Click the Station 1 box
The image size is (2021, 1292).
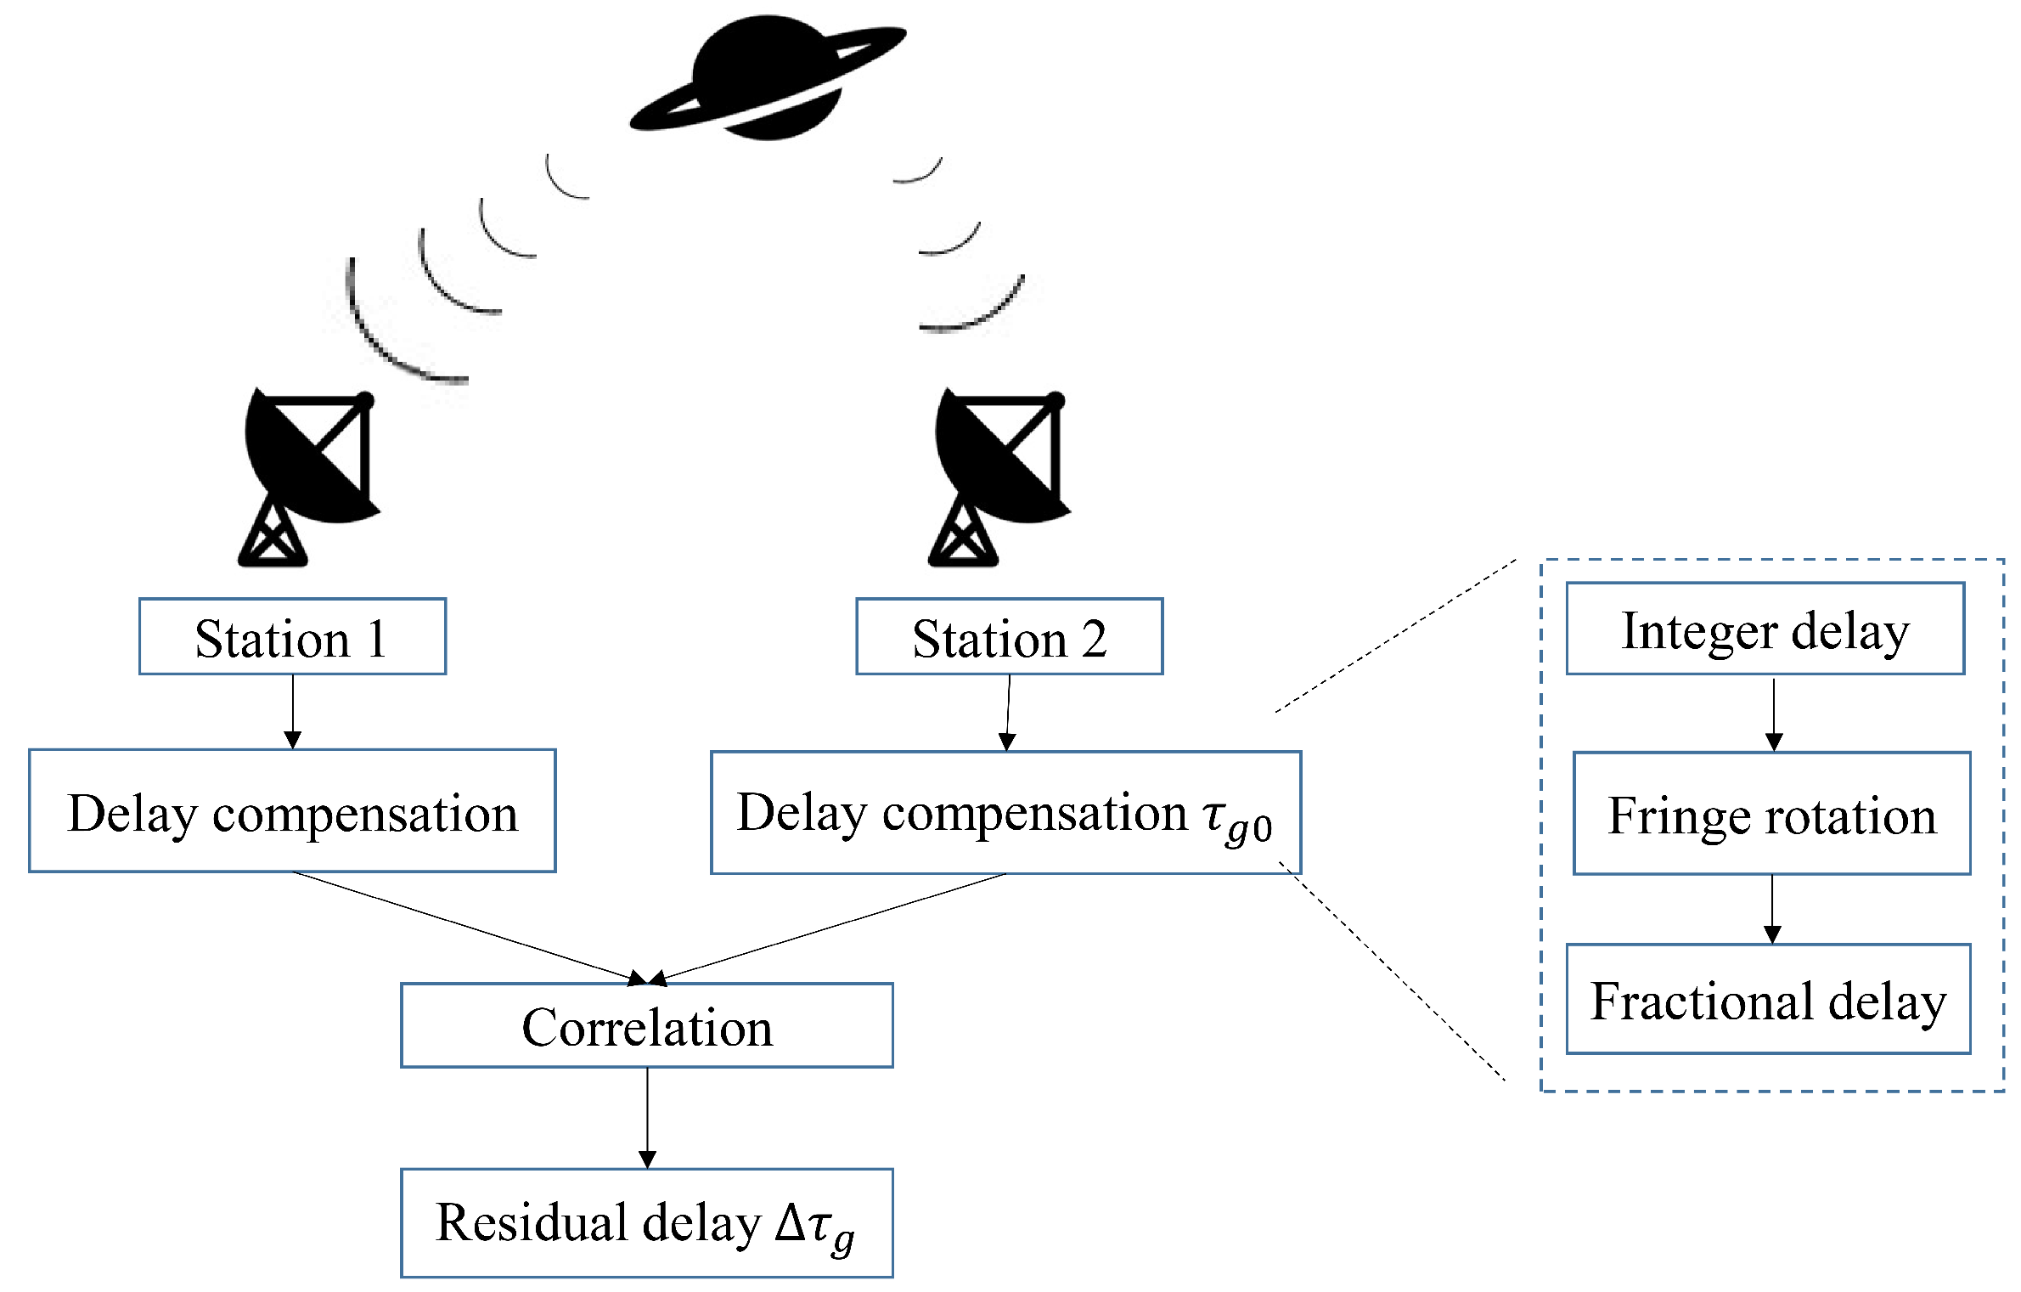coord(292,636)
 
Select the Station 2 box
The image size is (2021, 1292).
coord(1009,636)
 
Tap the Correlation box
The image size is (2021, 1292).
coord(646,1025)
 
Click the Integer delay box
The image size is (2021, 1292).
coord(1765,629)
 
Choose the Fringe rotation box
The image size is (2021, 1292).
coord(1771,813)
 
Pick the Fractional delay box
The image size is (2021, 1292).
coord(1768,999)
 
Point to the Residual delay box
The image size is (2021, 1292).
coord(646,1222)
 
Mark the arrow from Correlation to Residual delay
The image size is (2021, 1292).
coord(647,1117)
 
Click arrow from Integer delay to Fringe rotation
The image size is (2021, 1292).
coord(1774,714)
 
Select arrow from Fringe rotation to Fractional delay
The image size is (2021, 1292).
coord(1772,908)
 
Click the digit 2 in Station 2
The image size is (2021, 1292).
coord(1095,639)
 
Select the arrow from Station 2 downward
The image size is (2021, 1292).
coord(1008,714)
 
